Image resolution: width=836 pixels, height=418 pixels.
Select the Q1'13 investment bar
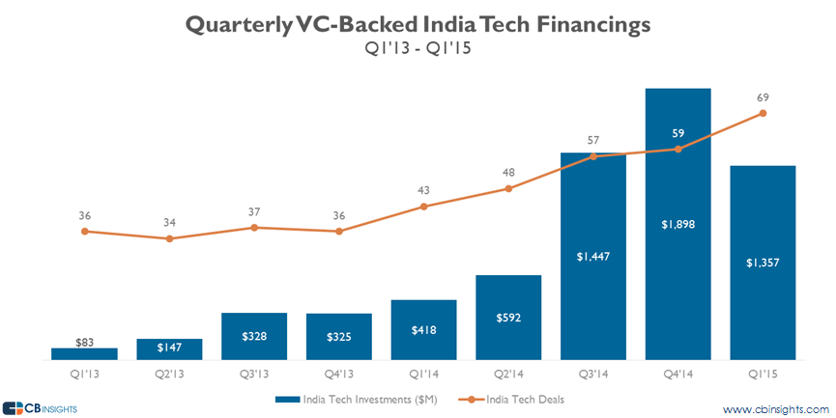84,353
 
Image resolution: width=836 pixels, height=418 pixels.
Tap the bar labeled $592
508,318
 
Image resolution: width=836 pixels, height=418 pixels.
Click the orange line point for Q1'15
764,113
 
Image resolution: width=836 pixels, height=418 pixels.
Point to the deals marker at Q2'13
169,237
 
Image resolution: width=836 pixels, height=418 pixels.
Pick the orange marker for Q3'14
593,156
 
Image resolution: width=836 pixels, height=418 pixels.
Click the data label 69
763,98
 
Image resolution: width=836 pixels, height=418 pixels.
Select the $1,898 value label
678,224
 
